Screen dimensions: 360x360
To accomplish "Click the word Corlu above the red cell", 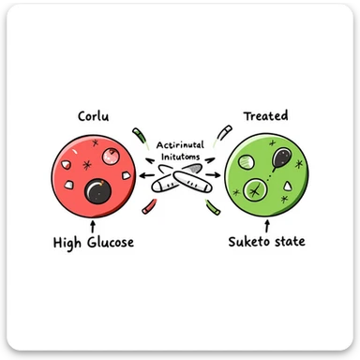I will coord(94,118).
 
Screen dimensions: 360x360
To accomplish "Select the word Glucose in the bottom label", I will coord(106,244).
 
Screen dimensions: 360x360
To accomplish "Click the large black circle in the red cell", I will coord(97,193).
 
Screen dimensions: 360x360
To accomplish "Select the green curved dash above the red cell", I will coord(140,133).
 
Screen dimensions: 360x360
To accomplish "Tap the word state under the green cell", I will coord(293,244).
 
